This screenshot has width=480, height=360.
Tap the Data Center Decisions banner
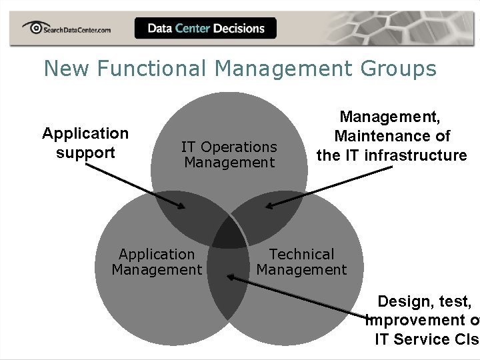pos(205,28)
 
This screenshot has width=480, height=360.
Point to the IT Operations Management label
pos(229,155)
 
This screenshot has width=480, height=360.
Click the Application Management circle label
pos(157,262)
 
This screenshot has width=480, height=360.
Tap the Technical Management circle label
pos(301,262)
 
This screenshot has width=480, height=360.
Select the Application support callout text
pos(85,143)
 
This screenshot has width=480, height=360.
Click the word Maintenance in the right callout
pos(392,137)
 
